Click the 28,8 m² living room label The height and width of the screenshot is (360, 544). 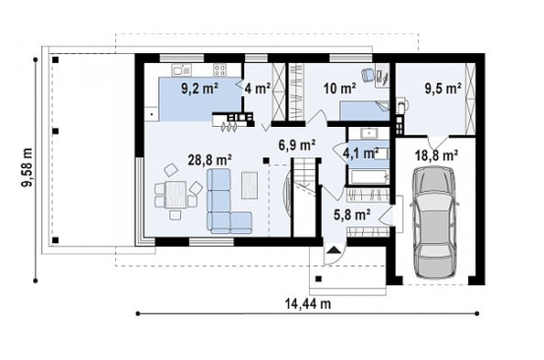pyautogui.click(x=210, y=160)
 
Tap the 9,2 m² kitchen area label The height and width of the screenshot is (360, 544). pyautogui.click(x=199, y=89)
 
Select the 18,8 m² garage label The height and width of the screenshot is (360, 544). pyautogui.click(x=437, y=154)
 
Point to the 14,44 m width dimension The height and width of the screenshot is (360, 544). pyautogui.click(x=308, y=304)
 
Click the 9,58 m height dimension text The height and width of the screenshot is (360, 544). pyautogui.click(x=28, y=167)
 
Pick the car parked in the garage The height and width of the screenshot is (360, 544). pyautogui.click(x=435, y=222)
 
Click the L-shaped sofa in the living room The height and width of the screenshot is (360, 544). pyautogui.click(x=225, y=202)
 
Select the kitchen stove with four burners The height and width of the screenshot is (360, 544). pyautogui.click(x=219, y=70)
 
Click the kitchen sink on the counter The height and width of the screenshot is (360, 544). pyautogui.click(x=181, y=70)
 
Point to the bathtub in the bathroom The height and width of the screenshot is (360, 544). pyautogui.click(x=369, y=177)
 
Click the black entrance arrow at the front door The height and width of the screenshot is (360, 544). pyautogui.click(x=333, y=250)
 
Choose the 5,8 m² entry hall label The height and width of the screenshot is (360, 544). pyautogui.click(x=351, y=214)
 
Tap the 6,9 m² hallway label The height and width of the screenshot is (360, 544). pyautogui.click(x=297, y=145)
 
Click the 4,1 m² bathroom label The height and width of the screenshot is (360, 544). pyautogui.click(x=360, y=152)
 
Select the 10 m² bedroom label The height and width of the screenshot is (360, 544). pyautogui.click(x=339, y=89)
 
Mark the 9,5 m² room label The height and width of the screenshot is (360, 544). pyautogui.click(x=444, y=89)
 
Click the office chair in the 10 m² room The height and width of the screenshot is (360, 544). pyautogui.click(x=367, y=74)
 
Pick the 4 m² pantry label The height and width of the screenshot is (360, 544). pyautogui.click(x=258, y=89)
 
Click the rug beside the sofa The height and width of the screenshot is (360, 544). pyautogui.click(x=250, y=185)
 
